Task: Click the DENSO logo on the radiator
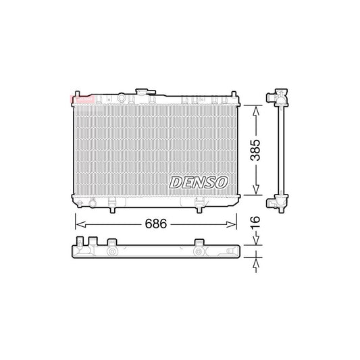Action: pos(199,182)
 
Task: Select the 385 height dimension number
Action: pos(255,149)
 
